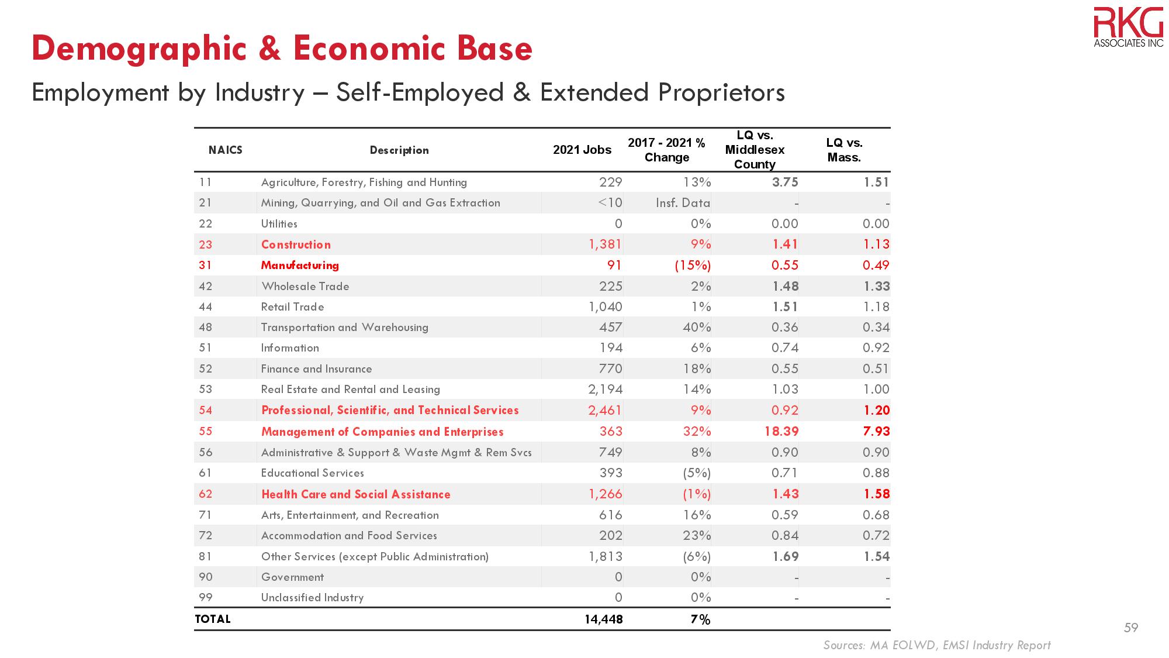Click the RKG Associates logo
click(x=1128, y=26)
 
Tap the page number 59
click(x=1131, y=628)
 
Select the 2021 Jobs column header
click(x=582, y=150)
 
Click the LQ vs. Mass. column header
click(x=844, y=150)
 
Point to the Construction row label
click(x=296, y=244)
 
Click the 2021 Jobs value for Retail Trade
click(x=606, y=306)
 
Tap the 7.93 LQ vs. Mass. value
click(x=876, y=432)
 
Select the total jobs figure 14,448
click(x=603, y=619)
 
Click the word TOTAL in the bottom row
click(x=213, y=619)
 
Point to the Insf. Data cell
click(x=683, y=203)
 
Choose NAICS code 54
click(x=206, y=410)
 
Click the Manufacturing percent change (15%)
click(x=693, y=265)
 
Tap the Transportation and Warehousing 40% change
click(x=697, y=327)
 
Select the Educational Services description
click(x=313, y=473)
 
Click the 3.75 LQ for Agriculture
click(x=785, y=182)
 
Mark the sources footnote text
click(x=936, y=645)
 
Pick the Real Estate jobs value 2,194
click(x=606, y=389)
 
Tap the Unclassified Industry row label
click(x=312, y=597)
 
